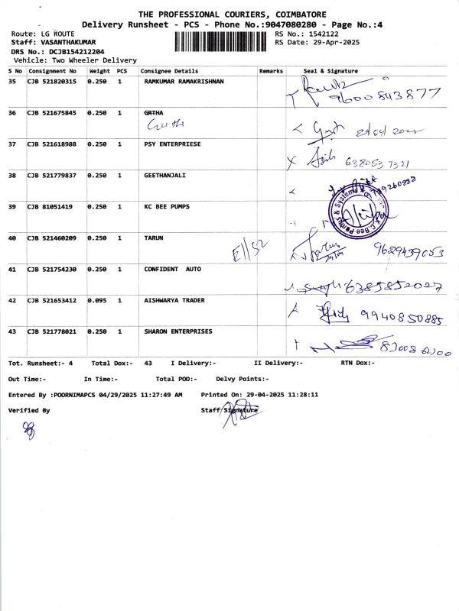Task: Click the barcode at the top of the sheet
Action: click(x=223, y=39)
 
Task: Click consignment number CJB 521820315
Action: click(x=52, y=82)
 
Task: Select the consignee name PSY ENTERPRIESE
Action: click(x=172, y=144)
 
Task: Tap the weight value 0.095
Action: click(x=97, y=300)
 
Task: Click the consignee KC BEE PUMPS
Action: click(x=167, y=206)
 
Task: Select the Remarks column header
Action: click(x=271, y=71)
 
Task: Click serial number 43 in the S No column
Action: click(x=12, y=331)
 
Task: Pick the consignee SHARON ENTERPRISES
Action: click(x=178, y=331)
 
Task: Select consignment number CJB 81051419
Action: click(x=50, y=206)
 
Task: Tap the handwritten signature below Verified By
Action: click(x=30, y=430)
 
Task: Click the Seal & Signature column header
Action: click(x=330, y=71)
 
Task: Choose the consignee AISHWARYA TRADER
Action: click(x=174, y=300)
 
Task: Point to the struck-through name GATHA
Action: click(x=154, y=113)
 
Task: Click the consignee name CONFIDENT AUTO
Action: click(x=172, y=269)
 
